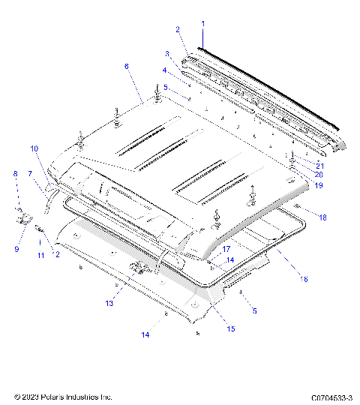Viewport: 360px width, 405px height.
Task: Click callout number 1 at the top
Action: [202, 24]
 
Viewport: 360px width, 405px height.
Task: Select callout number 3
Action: [168, 54]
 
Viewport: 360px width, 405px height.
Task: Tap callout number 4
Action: [164, 70]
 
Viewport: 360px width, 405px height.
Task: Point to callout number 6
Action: [127, 67]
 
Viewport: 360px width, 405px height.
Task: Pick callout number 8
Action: [14, 174]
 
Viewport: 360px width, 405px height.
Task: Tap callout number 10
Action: [34, 149]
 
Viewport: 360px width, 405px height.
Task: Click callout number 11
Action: [40, 256]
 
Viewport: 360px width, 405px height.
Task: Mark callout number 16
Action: [304, 278]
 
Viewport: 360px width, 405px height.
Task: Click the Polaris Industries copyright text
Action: [63, 395]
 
